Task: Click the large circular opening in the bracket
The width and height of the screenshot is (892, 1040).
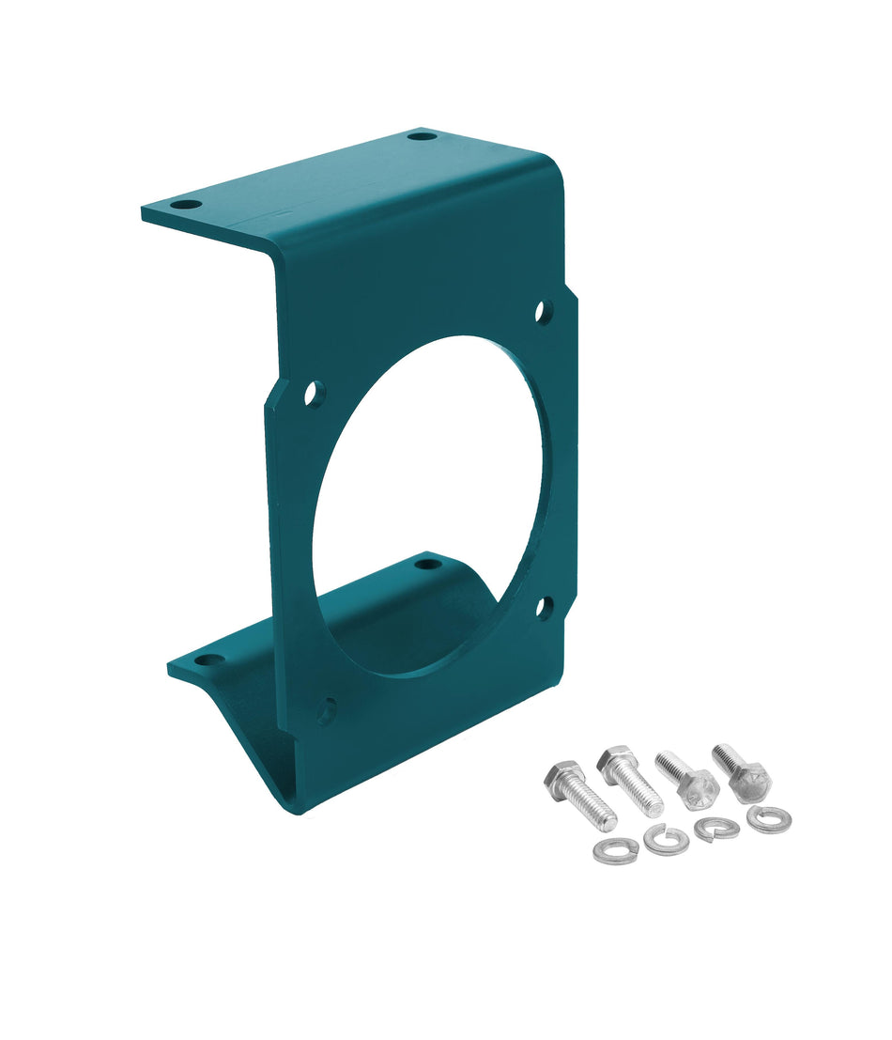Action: point(427,507)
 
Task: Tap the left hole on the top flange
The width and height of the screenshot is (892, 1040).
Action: point(187,204)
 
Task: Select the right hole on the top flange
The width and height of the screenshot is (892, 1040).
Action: point(423,136)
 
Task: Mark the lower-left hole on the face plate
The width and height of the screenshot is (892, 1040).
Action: point(326,711)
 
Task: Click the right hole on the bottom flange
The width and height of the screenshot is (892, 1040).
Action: point(427,565)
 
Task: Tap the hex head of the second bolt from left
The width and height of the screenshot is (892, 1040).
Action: point(617,763)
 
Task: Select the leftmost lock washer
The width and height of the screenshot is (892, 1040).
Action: point(616,851)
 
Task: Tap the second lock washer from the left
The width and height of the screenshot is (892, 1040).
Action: point(666,838)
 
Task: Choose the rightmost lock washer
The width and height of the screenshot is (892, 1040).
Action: point(768,818)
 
